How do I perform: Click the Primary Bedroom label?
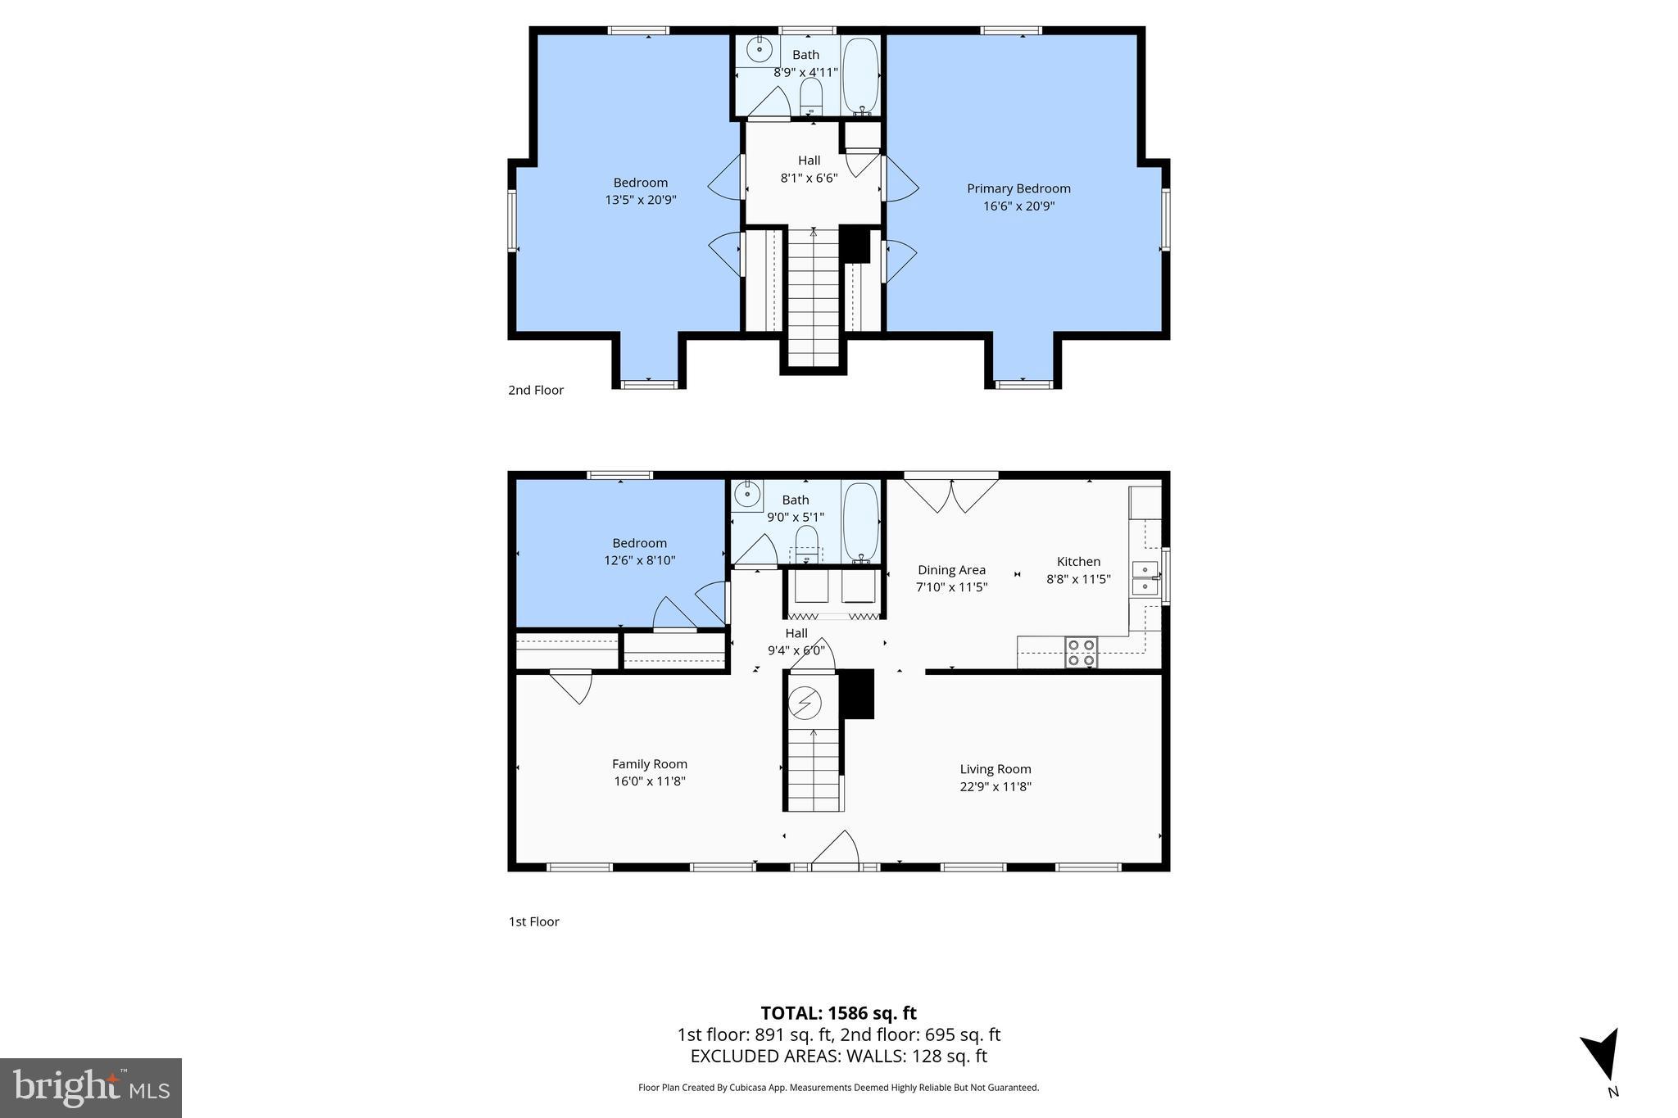click(x=1018, y=188)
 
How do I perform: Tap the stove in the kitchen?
click(x=1081, y=652)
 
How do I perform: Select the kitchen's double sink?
click(x=1145, y=577)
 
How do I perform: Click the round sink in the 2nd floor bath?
click(x=760, y=48)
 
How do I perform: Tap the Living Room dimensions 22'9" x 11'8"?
click(x=995, y=786)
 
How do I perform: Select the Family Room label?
click(x=649, y=763)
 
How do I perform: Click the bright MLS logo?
click(x=91, y=1088)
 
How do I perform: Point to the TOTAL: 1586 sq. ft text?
click(x=838, y=1013)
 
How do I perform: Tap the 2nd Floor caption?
click(x=536, y=390)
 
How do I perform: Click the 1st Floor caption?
click(x=533, y=921)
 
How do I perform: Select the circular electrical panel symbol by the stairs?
click(x=805, y=702)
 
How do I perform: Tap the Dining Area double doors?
click(x=951, y=495)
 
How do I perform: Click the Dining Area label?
click(x=951, y=570)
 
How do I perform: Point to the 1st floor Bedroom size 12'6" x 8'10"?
click(x=639, y=560)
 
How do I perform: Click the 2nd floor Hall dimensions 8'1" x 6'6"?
click(x=809, y=178)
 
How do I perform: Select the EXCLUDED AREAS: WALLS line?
click(x=838, y=1056)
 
